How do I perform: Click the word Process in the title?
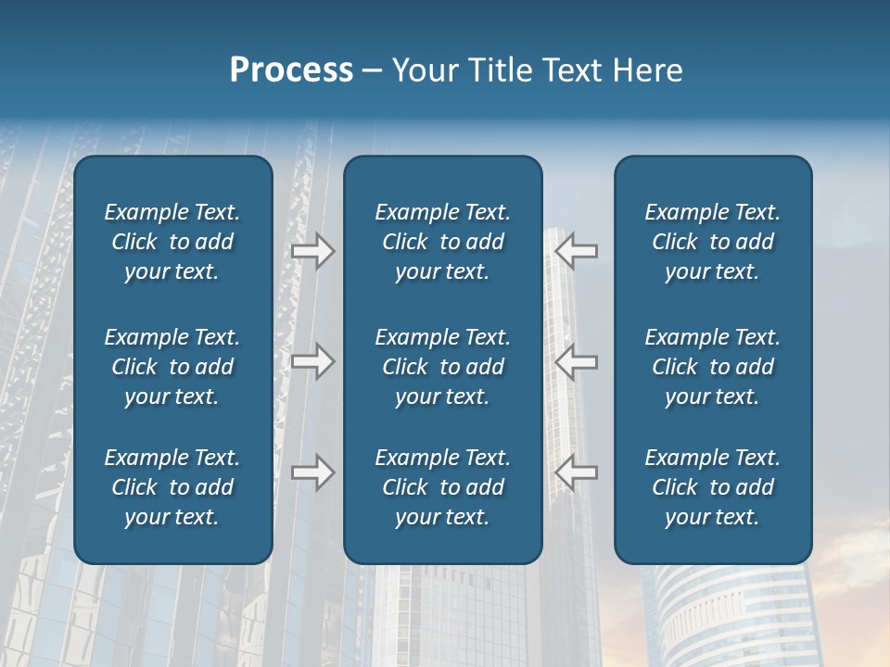tap(291, 70)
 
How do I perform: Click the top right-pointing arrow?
tap(312, 251)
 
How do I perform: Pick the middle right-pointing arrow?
tap(312, 360)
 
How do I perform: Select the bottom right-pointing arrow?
tap(312, 472)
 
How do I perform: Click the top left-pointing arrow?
tap(576, 250)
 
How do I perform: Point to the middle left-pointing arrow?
tap(576, 360)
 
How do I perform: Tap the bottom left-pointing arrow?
tap(576, 472)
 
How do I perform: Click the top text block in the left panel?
tap(172, 242)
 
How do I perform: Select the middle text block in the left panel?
tap(172, 367)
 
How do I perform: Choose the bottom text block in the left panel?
tap(172, 487)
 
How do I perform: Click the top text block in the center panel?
tap(443, 242)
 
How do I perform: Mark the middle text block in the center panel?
tap(443, 367)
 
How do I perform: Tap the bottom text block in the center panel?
tap(443, 487)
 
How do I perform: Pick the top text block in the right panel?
tap(713, 242)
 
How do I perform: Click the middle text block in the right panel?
tap(713, 367)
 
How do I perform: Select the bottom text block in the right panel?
tap(713, 487)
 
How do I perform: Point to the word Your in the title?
tap(423, 70)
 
